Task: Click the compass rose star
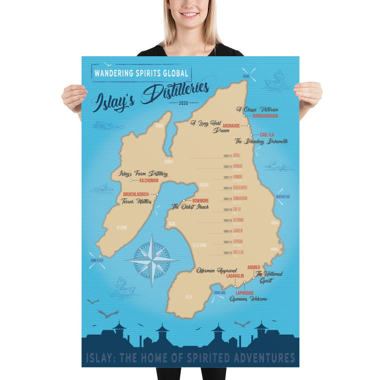tap(152, 260)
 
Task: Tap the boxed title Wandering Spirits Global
tap(141, 73)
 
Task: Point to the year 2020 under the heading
tap(184, 103)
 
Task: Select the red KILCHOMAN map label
tap(149, 180)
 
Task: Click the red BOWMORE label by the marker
tap(201, 200)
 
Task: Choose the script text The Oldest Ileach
tap(190, 207)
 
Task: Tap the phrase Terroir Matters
tap(137, 202)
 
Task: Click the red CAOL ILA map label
tap(267, 135)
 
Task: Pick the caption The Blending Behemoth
tap(261, 141)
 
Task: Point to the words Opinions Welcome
tap(248, 299)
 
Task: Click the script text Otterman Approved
tap(217, 271)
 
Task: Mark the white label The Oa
tap(188, 296)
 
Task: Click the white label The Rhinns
tap(122, 228)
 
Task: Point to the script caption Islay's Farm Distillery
tap(143, 174)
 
